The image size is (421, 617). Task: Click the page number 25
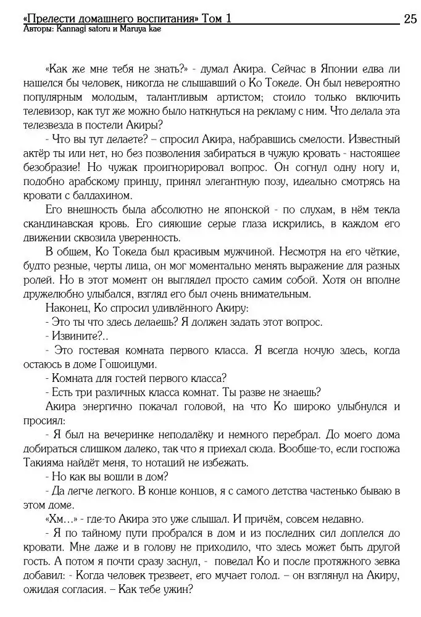[410, 19]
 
